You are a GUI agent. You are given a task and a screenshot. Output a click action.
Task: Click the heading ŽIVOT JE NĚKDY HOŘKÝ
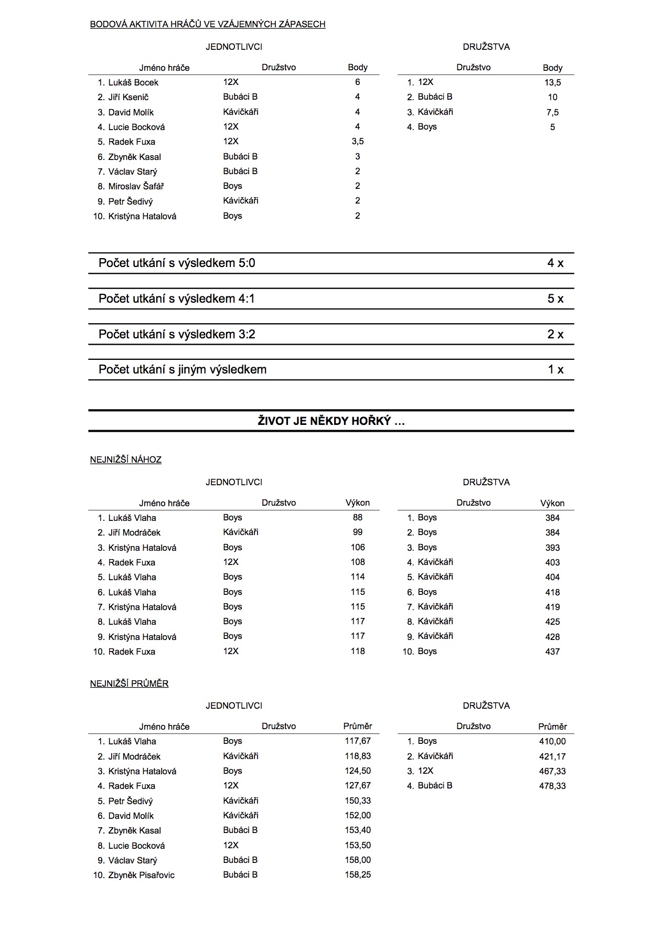(x=331, y=421)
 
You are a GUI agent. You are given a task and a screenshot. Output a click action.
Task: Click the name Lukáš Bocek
(x=133, y=82)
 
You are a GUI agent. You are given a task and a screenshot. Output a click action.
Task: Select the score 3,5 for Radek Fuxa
(x=358, y=141)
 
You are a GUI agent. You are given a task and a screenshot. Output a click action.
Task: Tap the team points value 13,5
(x=552, y=82)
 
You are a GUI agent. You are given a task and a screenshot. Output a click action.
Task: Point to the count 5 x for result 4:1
(x=555, y=298)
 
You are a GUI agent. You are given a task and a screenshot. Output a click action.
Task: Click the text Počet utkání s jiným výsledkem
(x=183, y=369)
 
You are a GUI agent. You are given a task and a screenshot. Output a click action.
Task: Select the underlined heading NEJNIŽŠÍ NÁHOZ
(x=126, y=460)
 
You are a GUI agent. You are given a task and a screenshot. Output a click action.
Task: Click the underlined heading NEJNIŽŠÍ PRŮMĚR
(x=129, y=684)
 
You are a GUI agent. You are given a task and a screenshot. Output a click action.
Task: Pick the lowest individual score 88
(x=358, y=517)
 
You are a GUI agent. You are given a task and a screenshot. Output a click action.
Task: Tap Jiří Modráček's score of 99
(x=358, y=532)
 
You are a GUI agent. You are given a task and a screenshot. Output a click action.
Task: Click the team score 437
(x=552, y=652)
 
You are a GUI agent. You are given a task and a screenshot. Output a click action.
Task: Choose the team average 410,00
(x=552, y=741)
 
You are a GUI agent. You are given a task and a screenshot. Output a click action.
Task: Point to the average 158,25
(x=358, y=874)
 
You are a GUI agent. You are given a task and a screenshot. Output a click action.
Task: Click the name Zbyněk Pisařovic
(x=141, y=875)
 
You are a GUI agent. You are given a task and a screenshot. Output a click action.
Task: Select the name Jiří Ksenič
(x=129, y=97)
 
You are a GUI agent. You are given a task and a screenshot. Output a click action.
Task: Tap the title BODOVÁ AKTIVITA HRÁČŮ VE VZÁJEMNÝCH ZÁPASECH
(x=208, y=24)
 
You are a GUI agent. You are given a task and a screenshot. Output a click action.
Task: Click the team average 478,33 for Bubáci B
(x=552, y=786)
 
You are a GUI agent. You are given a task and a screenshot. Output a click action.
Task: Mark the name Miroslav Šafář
(x=136, y=186)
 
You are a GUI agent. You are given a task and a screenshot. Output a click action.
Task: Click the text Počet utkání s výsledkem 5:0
(x=177, y=263)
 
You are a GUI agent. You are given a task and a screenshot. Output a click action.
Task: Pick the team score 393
(x=552, y=548)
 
